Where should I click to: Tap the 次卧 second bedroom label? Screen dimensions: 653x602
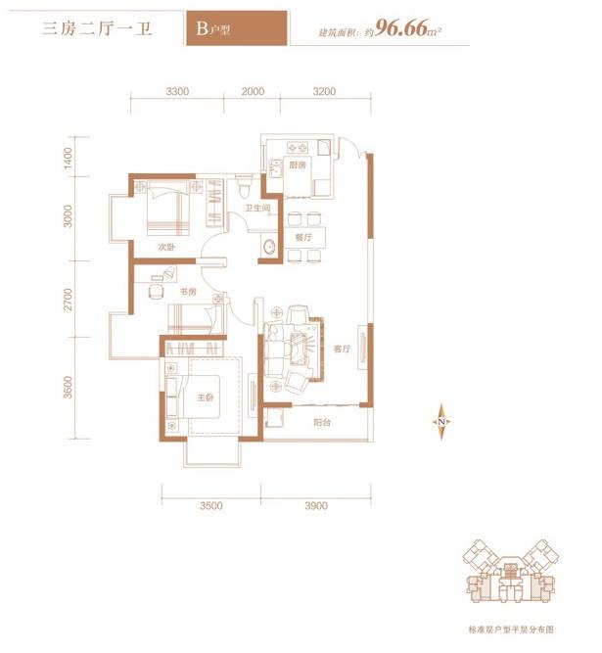(166, 247)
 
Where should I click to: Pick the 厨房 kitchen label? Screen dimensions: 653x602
(299, 164)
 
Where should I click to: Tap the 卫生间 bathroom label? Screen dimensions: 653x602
(257, 208)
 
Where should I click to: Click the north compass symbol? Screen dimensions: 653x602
(441, 421)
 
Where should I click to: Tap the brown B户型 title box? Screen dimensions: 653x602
(235, 28)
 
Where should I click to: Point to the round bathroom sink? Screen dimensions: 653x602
(267, 248)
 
